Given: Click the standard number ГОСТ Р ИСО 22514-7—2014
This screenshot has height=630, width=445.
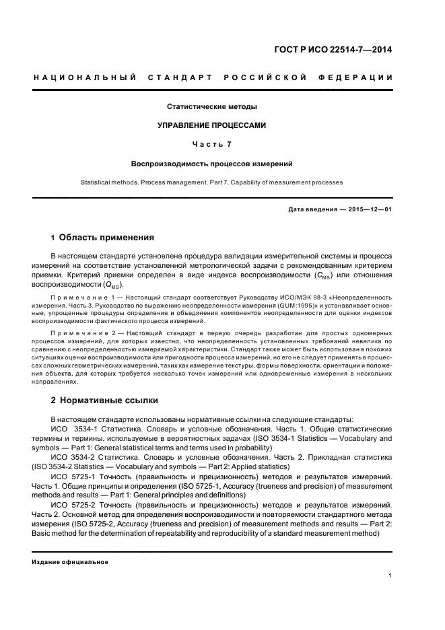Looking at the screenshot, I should coord(336,49).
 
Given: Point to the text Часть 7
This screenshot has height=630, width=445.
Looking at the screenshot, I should coord(212,144).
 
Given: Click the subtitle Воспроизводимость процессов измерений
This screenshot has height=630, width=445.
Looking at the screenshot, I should coord(212,164).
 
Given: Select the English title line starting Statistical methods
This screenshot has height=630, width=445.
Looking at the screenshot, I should coord(212,182).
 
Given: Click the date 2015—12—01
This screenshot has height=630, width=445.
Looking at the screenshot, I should coord(370,209).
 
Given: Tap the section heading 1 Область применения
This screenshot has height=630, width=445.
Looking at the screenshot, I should coord(103,238).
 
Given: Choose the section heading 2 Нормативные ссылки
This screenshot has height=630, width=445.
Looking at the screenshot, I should coord(105,400).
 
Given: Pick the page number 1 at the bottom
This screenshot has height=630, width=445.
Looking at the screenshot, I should coord(390,575).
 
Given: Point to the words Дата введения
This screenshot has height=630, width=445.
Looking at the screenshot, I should coord(312,209).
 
